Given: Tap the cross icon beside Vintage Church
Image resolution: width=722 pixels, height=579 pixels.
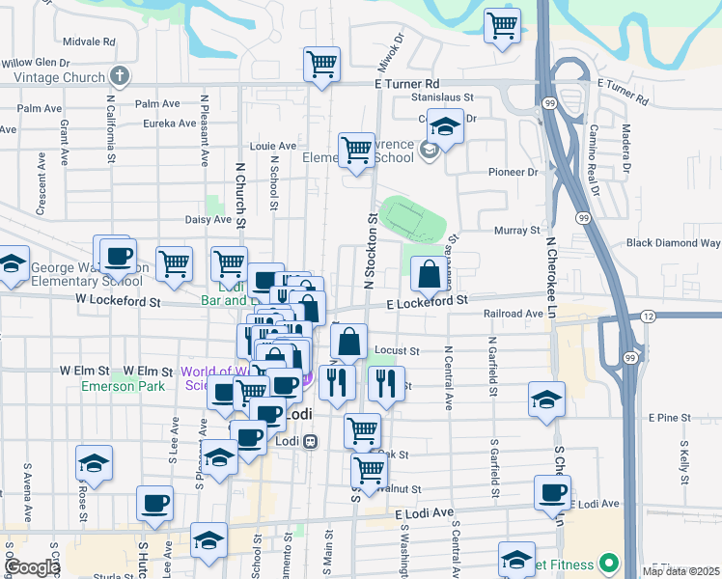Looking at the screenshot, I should click(120, 74).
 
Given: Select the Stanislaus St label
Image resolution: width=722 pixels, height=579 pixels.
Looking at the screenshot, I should click(442, 97).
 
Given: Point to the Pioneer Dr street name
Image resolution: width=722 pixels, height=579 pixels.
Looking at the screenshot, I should click(512, 172).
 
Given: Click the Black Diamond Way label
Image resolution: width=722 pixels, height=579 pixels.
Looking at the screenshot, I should click(673, 243).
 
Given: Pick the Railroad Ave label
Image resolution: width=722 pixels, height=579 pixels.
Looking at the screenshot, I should click(514, 314).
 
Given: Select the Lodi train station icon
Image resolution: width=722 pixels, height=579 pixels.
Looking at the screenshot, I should click(310, 441).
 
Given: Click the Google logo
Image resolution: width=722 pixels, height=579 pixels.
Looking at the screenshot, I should click(32, 567).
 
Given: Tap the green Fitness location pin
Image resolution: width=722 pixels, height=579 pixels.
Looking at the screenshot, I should click(608, 562).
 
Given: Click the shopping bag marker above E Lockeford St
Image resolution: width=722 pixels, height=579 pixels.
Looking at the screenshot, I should click(428, 275).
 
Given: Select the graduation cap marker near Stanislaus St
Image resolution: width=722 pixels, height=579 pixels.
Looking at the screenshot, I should click(445, 127).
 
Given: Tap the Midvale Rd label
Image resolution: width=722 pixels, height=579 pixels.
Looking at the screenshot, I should click(88, 42).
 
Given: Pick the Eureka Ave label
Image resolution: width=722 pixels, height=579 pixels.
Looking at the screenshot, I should click(169, 124).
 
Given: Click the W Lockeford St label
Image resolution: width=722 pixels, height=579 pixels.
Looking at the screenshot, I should click(118, 301).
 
